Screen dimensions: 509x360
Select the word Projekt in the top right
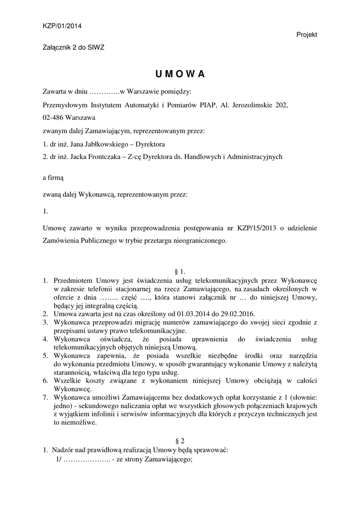[306, 34]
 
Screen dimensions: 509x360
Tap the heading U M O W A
[180, 74]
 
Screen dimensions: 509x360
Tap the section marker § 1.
[180, 271]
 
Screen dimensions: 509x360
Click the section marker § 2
[180, 441]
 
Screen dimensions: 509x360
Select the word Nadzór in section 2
[64, 450]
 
